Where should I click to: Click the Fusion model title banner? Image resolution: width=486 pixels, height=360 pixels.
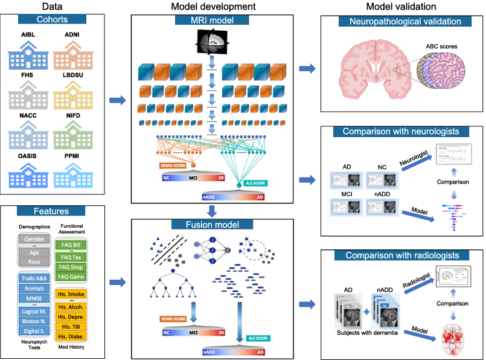pyautogui.click(x=211, y=225)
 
